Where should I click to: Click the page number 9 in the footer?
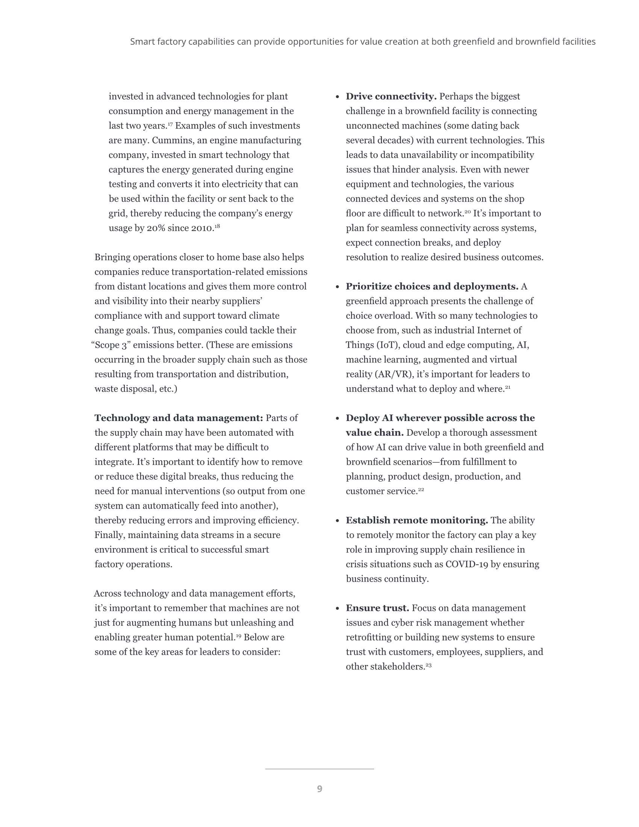point(319,789)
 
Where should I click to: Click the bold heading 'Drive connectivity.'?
point(391,97)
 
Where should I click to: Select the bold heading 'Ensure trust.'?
point(377,608)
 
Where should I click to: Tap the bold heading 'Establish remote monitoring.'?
point(417,521)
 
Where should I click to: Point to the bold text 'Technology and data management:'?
point(179,418)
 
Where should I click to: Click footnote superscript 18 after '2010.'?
point(217,226)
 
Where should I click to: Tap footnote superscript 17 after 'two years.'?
point(170,124)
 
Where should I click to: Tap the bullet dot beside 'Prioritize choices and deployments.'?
point(337,287)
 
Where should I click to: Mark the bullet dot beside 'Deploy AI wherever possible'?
point(337,419)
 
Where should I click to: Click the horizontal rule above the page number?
point(319,769)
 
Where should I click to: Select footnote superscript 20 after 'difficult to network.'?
point(468,212)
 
